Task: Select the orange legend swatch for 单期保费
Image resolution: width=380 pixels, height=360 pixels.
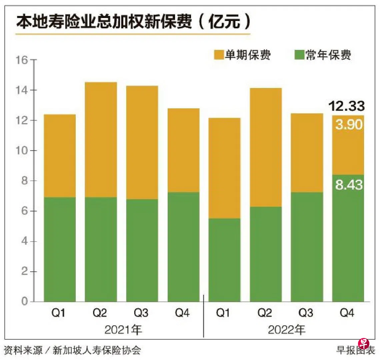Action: coord(219,55)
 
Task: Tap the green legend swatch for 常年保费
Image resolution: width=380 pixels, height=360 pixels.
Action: coord(300,55)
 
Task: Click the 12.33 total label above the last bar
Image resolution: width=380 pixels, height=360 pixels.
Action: coord(346,106)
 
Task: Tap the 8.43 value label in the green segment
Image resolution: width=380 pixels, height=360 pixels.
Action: coord(349,184)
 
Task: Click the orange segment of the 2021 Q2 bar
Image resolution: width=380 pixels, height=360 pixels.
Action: coord(101,140)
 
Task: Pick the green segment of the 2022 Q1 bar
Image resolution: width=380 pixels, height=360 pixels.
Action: coord(224,260)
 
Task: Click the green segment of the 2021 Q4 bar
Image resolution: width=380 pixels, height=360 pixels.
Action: coord(183,247)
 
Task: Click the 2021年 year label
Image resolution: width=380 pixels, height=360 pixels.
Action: coord(123,330)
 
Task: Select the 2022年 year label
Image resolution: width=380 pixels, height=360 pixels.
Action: coord(286,330)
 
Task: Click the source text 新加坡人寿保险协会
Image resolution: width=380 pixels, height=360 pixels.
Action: coord(97,350)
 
